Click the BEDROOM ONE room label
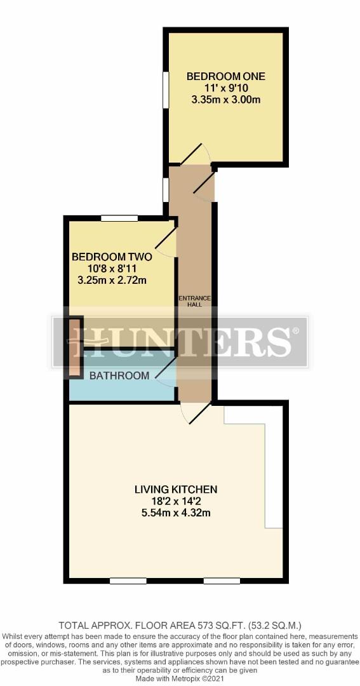[225, 77]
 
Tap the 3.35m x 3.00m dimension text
[225, 100]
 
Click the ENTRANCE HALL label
[196, 302]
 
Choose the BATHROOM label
[119, 375]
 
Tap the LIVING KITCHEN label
[177, 488]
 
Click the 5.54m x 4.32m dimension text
[177, 512]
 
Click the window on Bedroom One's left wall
[166, 90]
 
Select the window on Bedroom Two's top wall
[119, 219]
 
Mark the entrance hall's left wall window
[166, 190]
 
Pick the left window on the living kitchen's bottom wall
[128, 581]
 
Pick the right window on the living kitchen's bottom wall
[222, 581]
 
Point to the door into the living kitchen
[196, 413]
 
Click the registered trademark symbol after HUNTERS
[296, 331]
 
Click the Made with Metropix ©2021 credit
[180, 678]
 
